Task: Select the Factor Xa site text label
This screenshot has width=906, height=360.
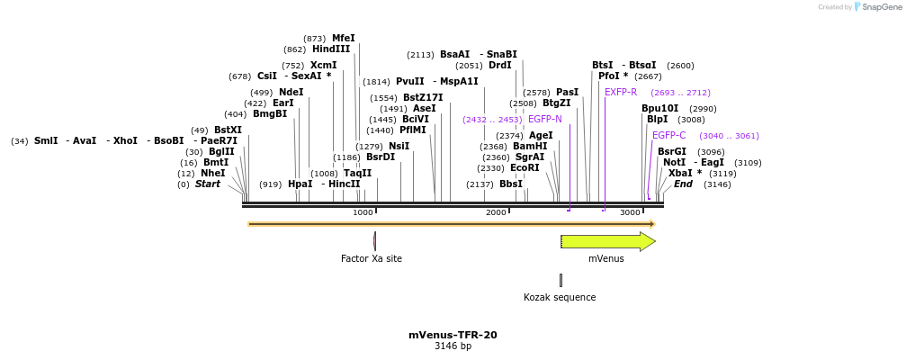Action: pos(371,259)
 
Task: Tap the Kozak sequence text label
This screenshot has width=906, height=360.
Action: pos(560,298)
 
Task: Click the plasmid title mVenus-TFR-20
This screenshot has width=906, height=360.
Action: pos(453,335)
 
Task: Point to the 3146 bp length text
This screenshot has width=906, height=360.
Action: pos(453,346)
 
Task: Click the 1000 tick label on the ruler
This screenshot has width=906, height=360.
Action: pos(363,212)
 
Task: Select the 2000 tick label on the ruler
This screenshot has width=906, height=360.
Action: pos(496,212)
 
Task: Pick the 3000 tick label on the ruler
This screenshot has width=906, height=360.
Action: pos(630,212)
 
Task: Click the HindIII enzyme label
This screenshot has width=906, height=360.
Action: pos(331,49)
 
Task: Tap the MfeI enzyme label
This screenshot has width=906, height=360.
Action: pos(344,39)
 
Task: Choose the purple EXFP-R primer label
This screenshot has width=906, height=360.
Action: pos(621,93)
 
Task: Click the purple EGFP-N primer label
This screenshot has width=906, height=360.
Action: pos(545,120)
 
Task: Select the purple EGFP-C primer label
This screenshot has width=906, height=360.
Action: pos(668,136)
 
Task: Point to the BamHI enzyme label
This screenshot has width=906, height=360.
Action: pos(530,147)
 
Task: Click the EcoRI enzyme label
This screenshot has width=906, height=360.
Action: pos(525,168)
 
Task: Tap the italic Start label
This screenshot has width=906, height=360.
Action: pos(208,184)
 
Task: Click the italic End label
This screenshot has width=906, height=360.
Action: pos(684,184)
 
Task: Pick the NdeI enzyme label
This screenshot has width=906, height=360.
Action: pos(291,93)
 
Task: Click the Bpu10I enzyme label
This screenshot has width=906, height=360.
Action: pos(660,109)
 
